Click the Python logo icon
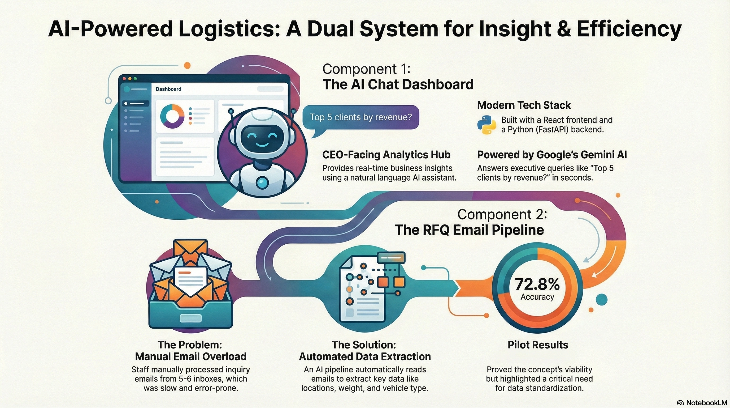486,125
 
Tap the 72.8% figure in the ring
537,284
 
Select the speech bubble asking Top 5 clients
360,117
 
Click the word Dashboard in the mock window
168,89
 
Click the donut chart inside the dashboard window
172,116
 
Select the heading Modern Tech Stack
524,105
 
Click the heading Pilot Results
538,345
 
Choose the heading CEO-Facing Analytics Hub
386,155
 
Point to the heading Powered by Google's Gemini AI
552,155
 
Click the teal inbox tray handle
191,318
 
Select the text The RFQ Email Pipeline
469,230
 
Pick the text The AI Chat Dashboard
398,84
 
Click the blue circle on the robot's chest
262,183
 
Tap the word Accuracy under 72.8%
537,297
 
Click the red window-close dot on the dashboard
124,79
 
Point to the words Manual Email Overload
190,356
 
